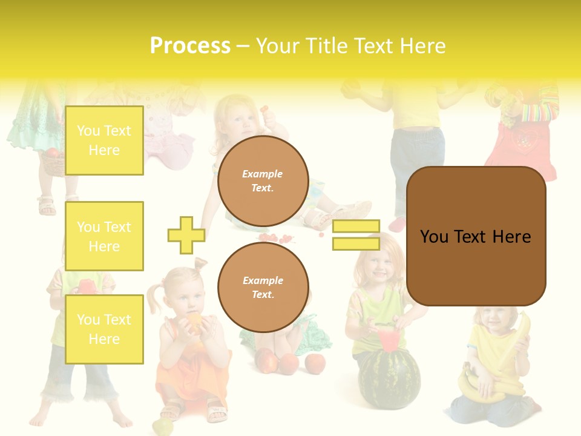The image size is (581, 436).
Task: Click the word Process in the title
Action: click(190, 46)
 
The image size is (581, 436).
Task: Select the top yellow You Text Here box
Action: click(104, 140)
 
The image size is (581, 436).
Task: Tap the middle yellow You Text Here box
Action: click(104, 236)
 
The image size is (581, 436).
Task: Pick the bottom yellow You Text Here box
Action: click(104, 329)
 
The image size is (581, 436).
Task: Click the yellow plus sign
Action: click(186, 235)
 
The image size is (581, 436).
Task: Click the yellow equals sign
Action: click(356, 235)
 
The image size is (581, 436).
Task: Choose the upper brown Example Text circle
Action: click(263, 181)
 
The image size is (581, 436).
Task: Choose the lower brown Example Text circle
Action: click(263, 288)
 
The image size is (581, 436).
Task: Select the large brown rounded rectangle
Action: click(476, 236)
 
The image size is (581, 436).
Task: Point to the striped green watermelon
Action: click(389, 378)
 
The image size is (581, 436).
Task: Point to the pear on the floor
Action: click(162, 427)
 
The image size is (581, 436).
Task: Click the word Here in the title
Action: click(421, 46)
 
